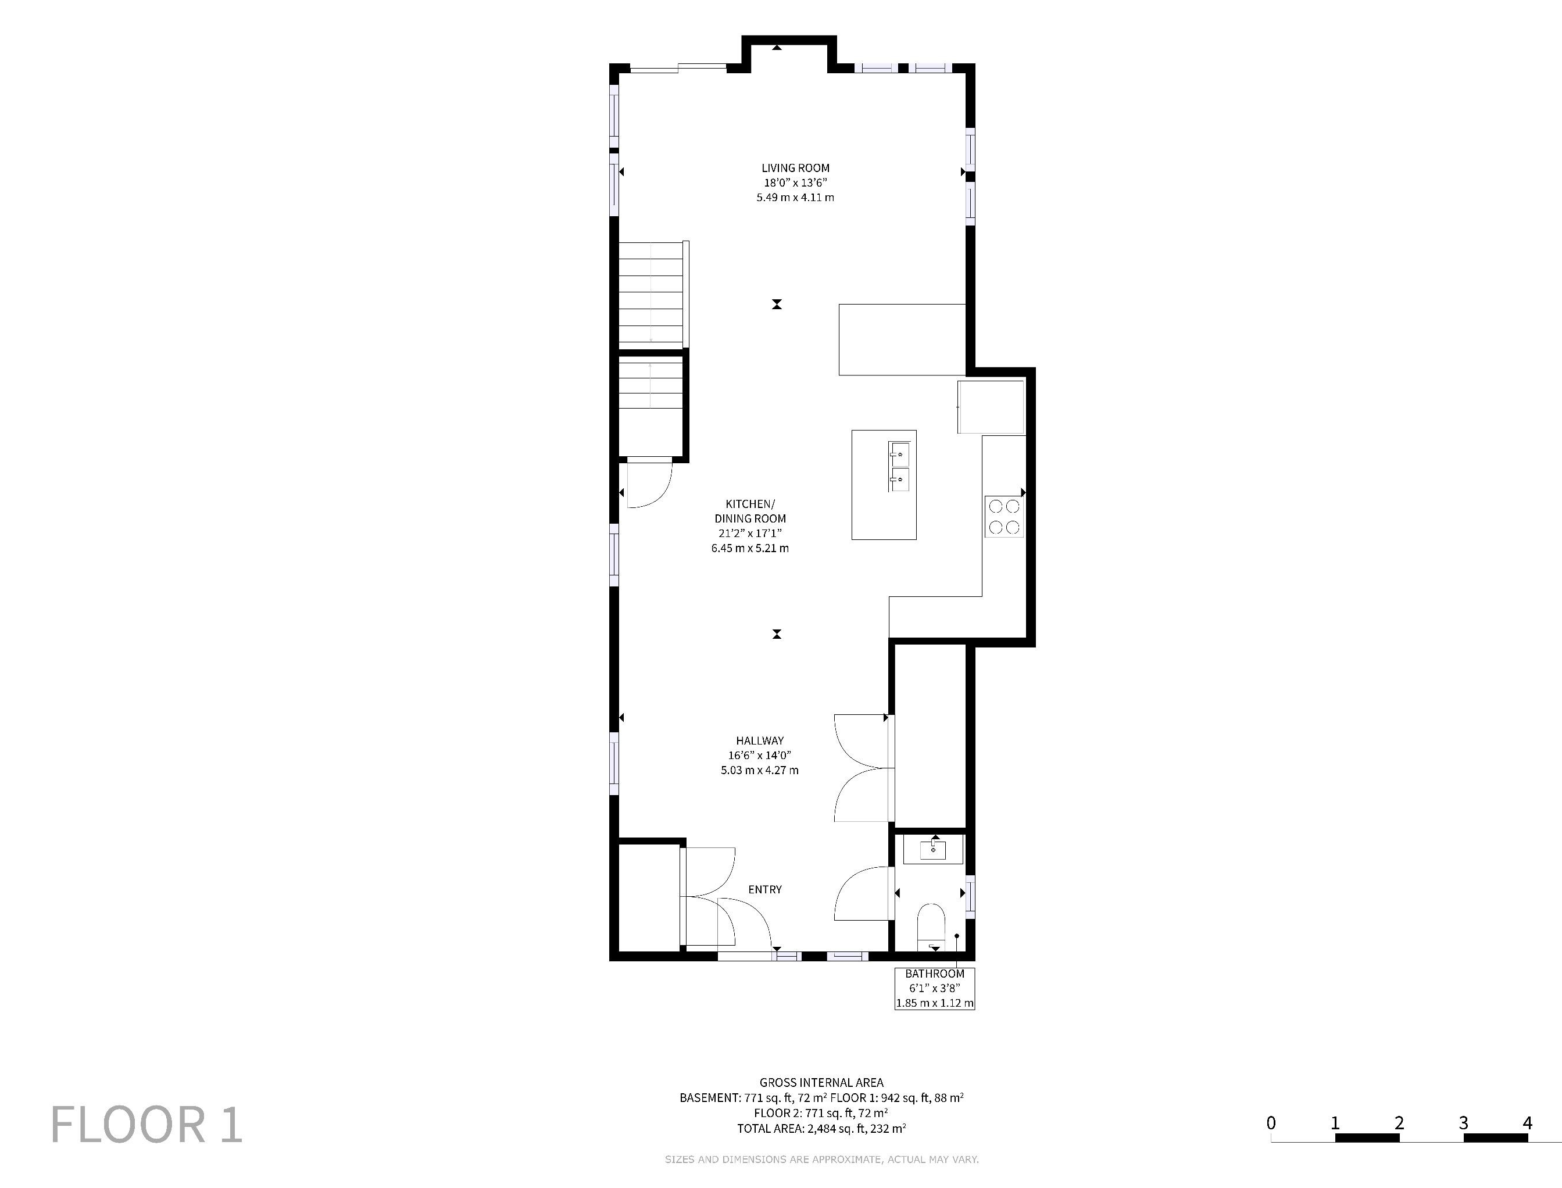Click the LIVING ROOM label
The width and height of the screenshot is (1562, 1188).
795,169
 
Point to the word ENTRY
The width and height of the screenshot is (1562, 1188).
765,890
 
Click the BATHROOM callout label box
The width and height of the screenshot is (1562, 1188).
935,989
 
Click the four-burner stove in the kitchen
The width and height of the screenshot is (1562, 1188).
1004,517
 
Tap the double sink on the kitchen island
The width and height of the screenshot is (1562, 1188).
899,467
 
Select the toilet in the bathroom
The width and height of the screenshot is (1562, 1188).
931,927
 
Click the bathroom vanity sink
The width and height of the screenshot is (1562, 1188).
934,850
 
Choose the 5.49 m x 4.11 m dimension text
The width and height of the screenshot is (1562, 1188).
795,198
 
